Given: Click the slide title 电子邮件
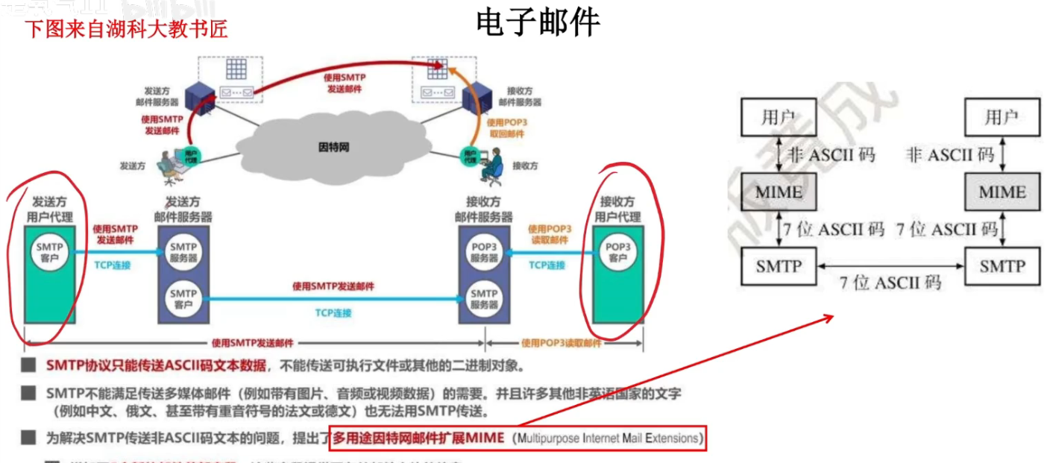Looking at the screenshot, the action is pyautogui.click(x=538, y=23).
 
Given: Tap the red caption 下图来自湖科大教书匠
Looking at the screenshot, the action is pyautogui.click(x=126, y=29).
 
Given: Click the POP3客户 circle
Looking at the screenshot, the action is pyautogui.click(x=617, y=253).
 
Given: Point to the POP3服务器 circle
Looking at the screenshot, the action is pyautogui.click(x=484, y=253).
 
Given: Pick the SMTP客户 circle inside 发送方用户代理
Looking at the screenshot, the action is pyautogui.click(x=49, y=253).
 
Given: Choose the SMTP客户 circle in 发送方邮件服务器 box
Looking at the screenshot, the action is pyautogui.click(x=183, y=299).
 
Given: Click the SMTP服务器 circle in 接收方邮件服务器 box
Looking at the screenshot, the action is pyautogui.click(x=484, y=299).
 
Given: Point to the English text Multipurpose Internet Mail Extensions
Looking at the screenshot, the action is pyautogui.click(x=608, y=438).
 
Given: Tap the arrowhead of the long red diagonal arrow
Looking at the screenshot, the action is pyautogui.click(x=830, y=318).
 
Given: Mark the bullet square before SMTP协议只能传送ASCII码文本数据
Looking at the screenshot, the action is pyautogui.click(x=28, y=365).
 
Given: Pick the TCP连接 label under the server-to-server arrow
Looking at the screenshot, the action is pyautogui.click(x=333, y=312).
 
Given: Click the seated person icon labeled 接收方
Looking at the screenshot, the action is pyautogui.click(x=491, y=166).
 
